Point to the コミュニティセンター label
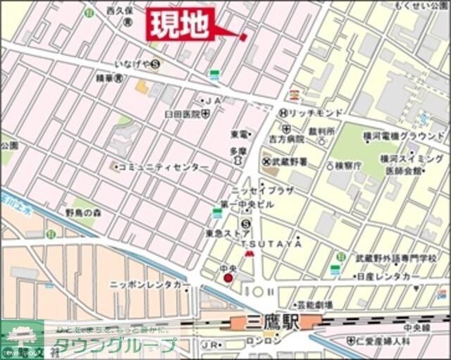[x=163, y=167]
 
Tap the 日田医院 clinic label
[x=182, y=113]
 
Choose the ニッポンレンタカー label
[x=150, y=285]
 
